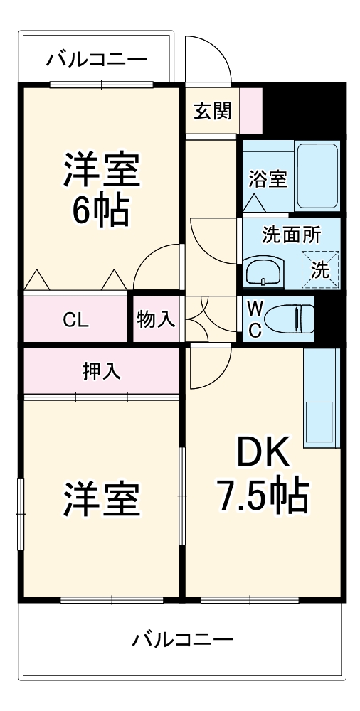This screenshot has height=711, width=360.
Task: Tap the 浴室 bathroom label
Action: coord(268,179)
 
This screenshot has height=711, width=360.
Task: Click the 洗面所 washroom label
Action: coord(291,235)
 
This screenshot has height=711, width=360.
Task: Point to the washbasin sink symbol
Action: coord(264,271)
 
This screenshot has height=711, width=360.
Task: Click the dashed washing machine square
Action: coord(319,269)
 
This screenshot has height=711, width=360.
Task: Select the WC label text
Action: coord(254,319)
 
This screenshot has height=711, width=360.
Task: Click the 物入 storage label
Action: coord(156,319)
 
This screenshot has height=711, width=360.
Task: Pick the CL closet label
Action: coord(75,320)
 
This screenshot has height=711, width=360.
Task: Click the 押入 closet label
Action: coord(101,370)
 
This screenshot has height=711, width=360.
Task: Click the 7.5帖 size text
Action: coord(263,496)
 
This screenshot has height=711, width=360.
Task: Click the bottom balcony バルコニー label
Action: coord(182,639)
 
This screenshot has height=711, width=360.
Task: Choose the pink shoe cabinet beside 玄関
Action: coord(251,109)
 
